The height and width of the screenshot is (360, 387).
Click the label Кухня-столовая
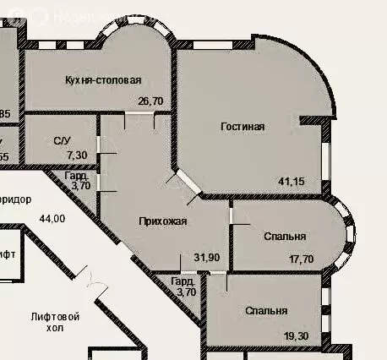[x=102, y=80]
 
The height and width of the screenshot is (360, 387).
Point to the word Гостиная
[x=243, y=127]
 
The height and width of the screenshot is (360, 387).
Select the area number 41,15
[x=292, y=181]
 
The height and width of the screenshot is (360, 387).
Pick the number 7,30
[x=76, y=155]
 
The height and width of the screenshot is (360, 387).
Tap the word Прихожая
[x=163, y=221]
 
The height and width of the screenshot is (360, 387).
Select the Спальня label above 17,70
[x=285, y=237]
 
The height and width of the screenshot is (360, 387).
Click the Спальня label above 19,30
[x=267, y=311]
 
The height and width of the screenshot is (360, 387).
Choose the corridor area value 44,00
[x=52, y=219]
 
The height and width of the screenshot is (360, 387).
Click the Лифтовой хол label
[x=54, y=323]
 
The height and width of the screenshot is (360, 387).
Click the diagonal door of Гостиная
[x=184, y=183]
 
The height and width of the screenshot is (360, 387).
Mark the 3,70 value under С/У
[x=81, y=185]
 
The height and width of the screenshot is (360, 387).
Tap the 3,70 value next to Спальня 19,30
[x=185, y=292]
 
